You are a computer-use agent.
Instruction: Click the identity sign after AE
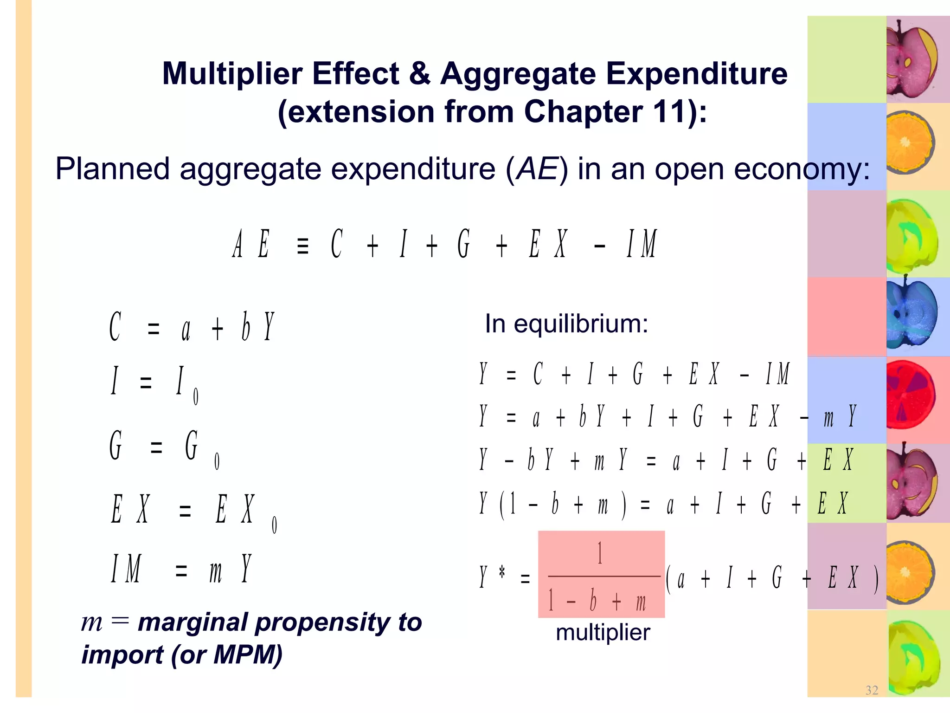(302, 246)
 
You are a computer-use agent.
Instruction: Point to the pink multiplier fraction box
(601, 574)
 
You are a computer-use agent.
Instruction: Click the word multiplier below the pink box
(603, 632)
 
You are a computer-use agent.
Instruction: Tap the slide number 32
(872, 690)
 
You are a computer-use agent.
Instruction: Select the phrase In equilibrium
(566, 324)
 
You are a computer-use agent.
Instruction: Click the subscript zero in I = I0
(196, 397)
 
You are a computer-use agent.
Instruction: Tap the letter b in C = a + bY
(246, 327)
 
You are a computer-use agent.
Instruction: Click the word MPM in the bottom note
(247, 655)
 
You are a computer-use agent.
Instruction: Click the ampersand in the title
(419, 74)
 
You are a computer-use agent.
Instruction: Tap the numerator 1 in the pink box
(600, 553)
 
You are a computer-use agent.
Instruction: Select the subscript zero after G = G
(217, 461)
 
